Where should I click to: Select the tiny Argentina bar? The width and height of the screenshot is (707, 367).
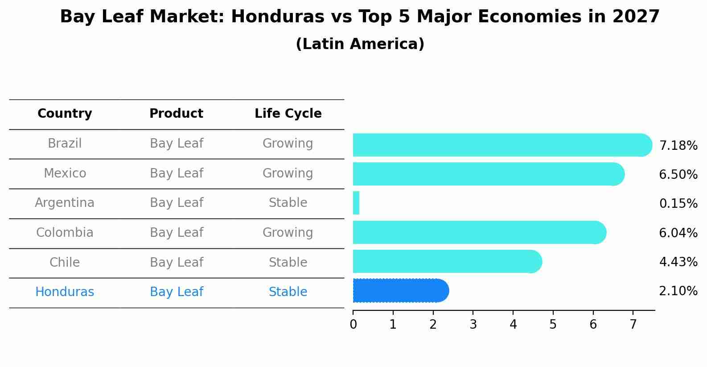coord(356,203)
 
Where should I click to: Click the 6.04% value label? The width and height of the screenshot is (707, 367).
coord(678,233)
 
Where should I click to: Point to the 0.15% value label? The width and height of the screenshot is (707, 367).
coord(678,204)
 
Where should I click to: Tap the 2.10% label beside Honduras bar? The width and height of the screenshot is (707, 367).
coord(678,291)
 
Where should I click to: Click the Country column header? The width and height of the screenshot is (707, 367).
coord(65,114)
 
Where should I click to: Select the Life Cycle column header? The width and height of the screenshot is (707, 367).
coord(288,114)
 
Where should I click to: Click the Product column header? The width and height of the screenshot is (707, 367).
coord(176,114)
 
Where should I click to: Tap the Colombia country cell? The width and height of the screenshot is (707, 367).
coord(65,233)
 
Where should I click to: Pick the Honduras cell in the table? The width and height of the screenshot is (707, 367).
coord(65,292)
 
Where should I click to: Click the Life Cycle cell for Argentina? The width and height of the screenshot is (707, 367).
coord(288,203)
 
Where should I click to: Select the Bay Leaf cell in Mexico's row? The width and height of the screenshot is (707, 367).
coord(176,173)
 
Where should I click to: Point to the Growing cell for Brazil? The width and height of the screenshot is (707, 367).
coord(288,144)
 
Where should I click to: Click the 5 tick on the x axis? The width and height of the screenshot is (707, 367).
coord(553,325)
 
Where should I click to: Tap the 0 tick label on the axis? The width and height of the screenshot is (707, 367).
coord(353,325)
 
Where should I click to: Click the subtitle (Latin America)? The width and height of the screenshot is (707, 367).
coord(360,44)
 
